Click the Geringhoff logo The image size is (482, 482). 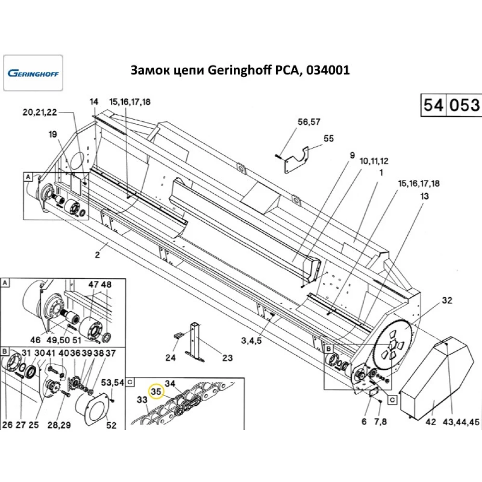(33, 73)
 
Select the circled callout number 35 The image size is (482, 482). (156, 391)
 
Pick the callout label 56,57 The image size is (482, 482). (308, 122)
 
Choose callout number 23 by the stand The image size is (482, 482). (227, 358)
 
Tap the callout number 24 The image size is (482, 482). (171, 358)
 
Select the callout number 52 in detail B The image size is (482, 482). (111, 425)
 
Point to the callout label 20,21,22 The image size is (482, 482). (40, 112)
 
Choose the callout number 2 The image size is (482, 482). (97, 255)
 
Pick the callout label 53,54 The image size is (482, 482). (112, 382)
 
